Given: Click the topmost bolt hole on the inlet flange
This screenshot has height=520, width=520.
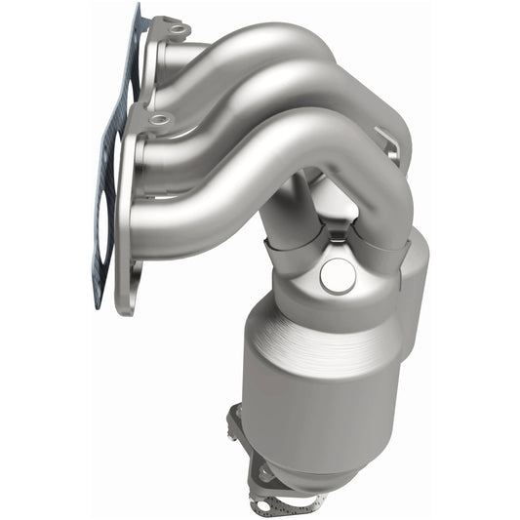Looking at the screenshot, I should [177, 29].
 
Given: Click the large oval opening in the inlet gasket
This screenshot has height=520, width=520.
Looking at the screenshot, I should [109, 234].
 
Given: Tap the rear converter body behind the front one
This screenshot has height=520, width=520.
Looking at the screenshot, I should [415, 283].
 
